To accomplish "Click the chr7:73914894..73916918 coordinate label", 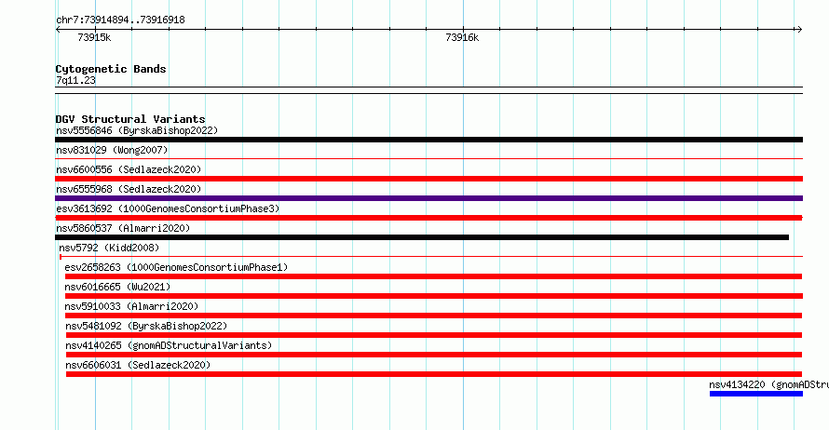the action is click(x=120, y=20).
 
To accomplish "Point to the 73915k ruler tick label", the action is click(x=94, y=37).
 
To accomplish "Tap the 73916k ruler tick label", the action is click(x=462, y=37).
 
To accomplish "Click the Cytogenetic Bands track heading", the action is click(x=111, y=69).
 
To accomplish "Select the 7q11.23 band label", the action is click(x=75, y=80).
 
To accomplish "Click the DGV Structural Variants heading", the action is click(x=130, y=119).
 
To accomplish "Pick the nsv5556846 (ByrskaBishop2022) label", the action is click(x=137, y=130).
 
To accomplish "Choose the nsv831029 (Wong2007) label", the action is click(x=112, y=150).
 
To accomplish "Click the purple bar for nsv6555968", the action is click(x=428, y=198).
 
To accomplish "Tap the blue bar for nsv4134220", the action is click(x=756, y=394).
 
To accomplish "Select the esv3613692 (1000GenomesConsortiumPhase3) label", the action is click(x=168, y=208).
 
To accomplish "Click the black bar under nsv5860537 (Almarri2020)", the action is click(x=422, y=237).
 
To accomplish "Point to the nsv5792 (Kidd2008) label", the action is click(x=109, y=248).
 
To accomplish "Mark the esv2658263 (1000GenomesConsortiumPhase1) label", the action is click(x=176, y=267).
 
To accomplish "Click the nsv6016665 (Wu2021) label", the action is click(x=117, y=287).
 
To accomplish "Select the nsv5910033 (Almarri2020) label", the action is click(x=131, y=306).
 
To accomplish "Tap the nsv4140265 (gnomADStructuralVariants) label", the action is click(x=169, y=345).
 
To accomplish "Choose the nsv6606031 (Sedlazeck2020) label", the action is click(x=138, y=365).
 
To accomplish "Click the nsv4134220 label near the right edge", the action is click(x=769, y=384).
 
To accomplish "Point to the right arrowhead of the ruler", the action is click(x=800, y=30).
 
